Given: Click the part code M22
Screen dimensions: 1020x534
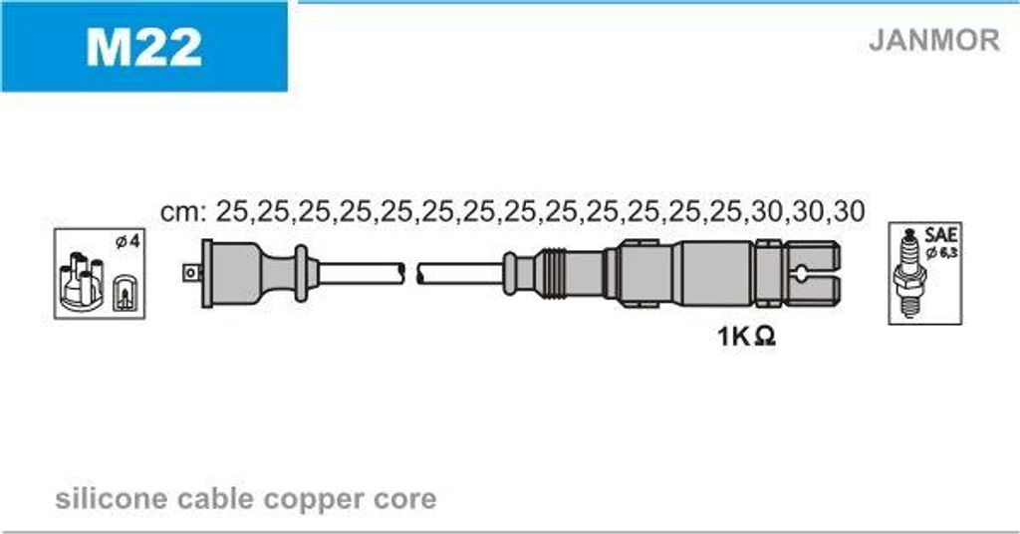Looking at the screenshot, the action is click(143, 46).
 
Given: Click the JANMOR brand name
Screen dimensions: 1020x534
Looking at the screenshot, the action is click(934, 40).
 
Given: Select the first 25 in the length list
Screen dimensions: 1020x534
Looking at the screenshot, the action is click(231, 211).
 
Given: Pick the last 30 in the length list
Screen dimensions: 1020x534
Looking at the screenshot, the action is click(849, 211).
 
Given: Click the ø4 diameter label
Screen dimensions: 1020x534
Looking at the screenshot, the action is click(127, 242).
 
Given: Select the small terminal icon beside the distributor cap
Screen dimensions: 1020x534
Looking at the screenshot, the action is click(124, 293).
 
